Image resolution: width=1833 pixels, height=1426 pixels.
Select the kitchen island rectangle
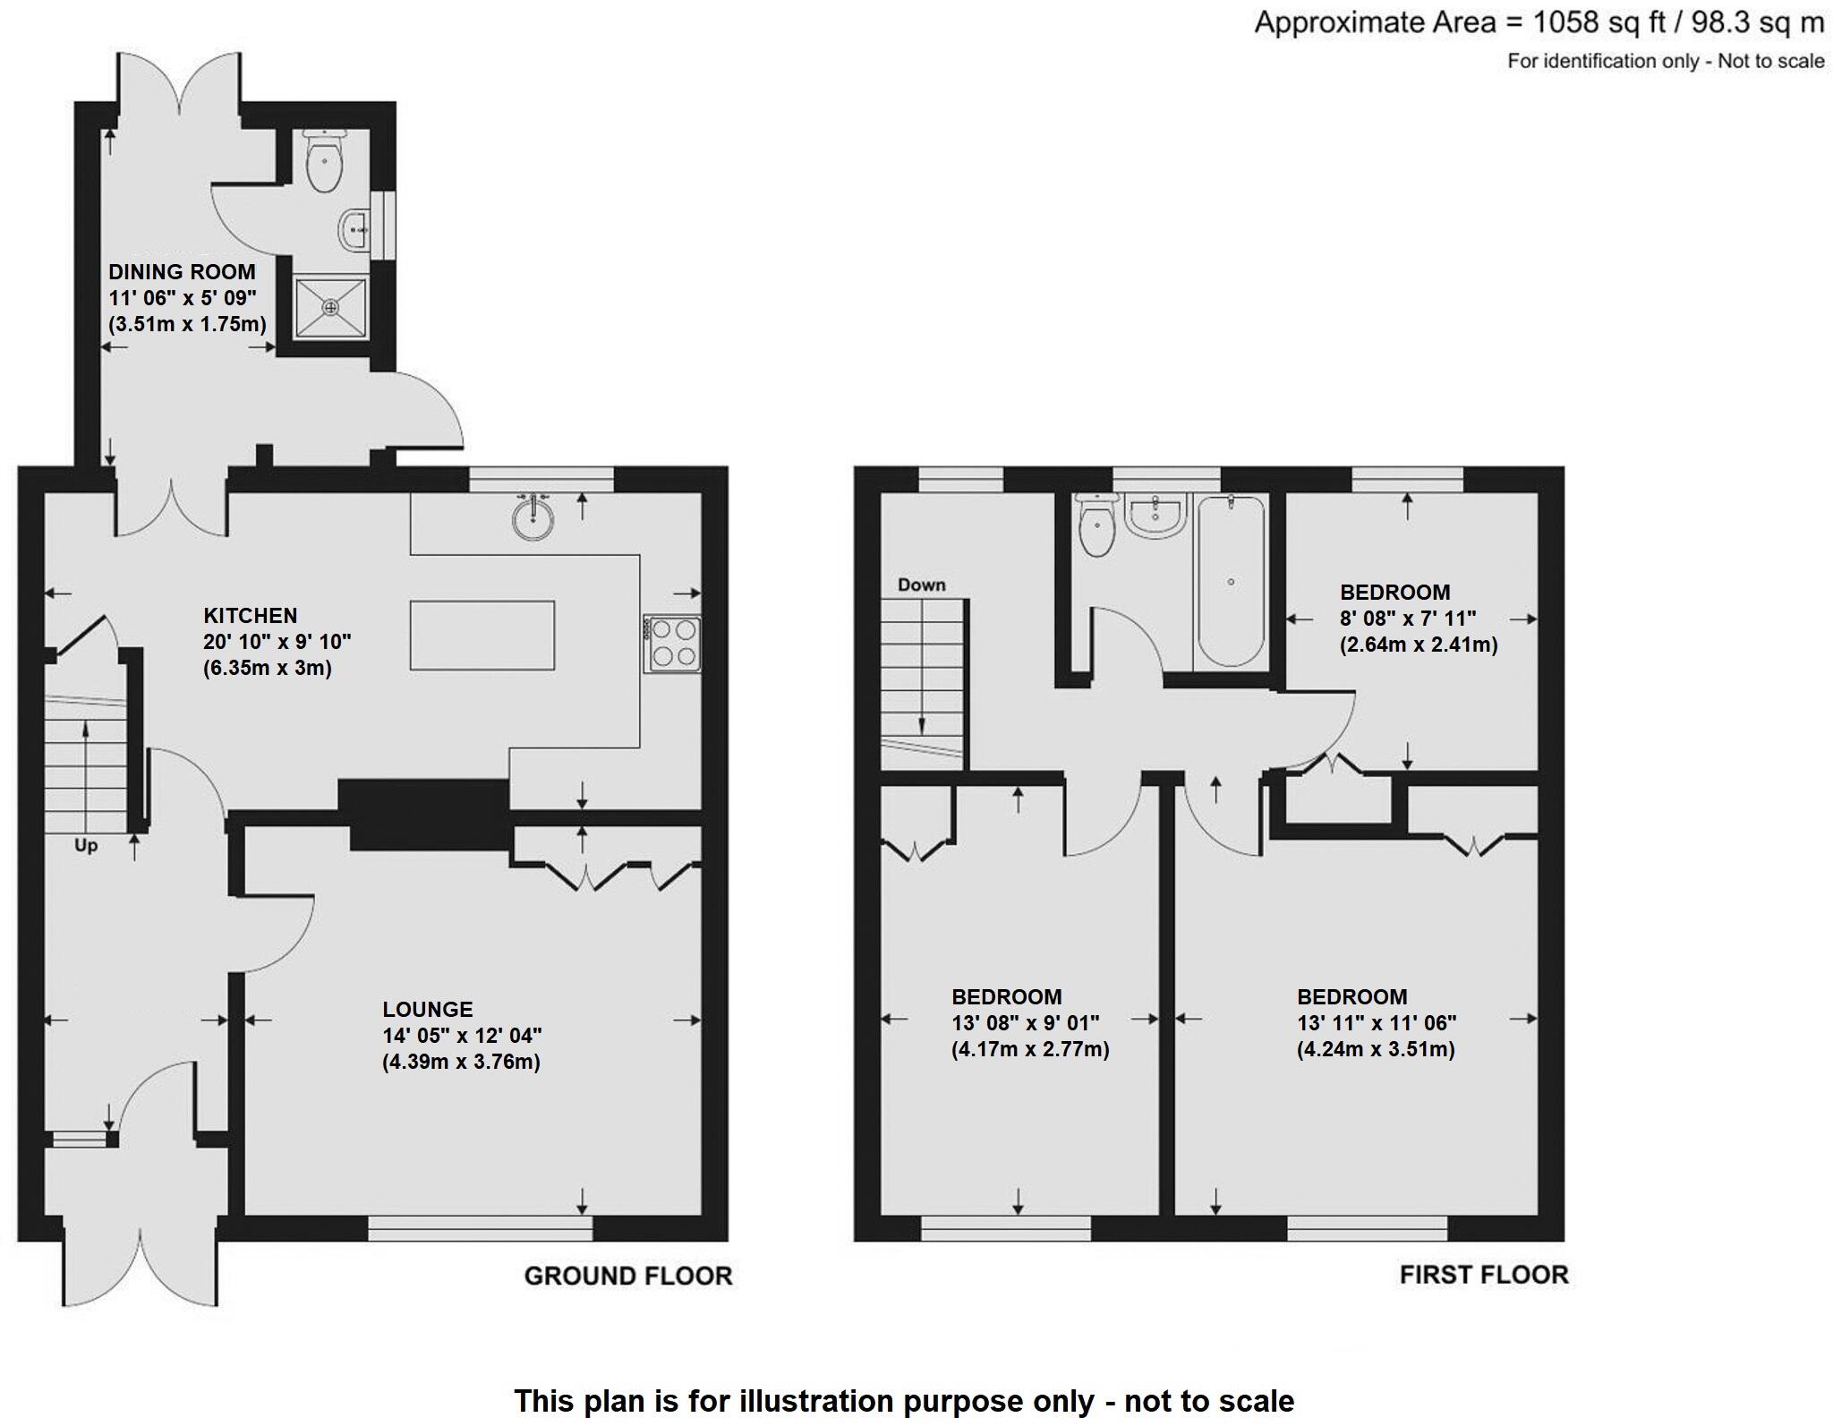click(x=482, y=635)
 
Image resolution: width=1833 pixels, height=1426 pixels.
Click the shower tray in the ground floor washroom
click(x=331, y=307)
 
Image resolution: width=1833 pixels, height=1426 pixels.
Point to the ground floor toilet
click(x=323, y=162)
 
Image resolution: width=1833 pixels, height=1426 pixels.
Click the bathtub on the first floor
click(x=1231, y=581)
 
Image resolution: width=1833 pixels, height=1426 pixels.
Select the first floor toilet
click(x=1096, y=526)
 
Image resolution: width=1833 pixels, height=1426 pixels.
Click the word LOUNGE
click(x=427, y=1009)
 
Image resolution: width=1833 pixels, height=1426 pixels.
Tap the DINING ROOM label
click(x=182, y=272)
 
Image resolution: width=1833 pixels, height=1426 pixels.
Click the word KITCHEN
click(x=251, y=616)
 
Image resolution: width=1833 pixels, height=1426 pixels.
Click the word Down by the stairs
click(x=921, y=585)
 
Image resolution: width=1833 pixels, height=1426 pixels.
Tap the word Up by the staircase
click(x=86, y=845)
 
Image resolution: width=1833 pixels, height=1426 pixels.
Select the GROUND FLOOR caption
click(x=627, y=1276)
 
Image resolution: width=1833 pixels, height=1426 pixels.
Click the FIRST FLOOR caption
click(x=1483, y=1275)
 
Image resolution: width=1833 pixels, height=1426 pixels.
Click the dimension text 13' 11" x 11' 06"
click(x=1377, y=1022)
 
